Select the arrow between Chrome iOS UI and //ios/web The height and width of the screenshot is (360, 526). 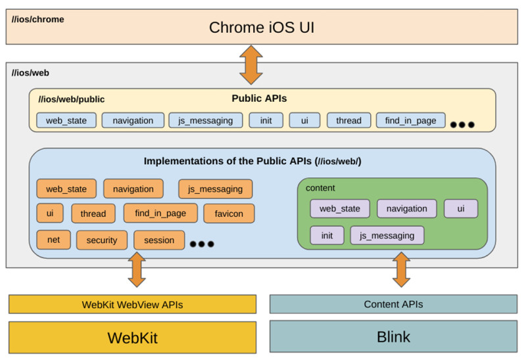[x=251, y=64]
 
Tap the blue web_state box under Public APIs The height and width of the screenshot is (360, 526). [x=66, y=120]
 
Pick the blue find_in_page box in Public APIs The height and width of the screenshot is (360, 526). [x=410, y=120]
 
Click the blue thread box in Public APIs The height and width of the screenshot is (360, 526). [x=348, y=120]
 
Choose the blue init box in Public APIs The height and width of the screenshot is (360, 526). [x=266, y=120]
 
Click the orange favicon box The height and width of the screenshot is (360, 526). [x=229, y=214]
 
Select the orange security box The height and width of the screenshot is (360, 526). [x=102, y=240]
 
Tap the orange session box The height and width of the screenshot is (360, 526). [x=159, y=240]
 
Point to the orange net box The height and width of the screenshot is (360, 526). [x=53, y=240]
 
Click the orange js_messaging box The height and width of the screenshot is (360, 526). [x=215, y=189]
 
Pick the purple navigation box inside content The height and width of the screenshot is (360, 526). [x=406, y=209]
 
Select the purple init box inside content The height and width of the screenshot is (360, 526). [x=327, y=235]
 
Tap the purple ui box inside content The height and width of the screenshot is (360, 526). [x=460, y=209]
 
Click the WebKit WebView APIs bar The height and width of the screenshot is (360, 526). [x=132, y=304]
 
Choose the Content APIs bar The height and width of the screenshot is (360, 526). [x=393, y=304]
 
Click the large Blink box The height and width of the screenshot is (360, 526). [x=393, y=337]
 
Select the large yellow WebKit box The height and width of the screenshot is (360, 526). [x=132, y=338]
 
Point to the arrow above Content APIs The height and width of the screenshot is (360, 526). [x=400, y=269]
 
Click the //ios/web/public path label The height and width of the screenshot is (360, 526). [x=72, y=99]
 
